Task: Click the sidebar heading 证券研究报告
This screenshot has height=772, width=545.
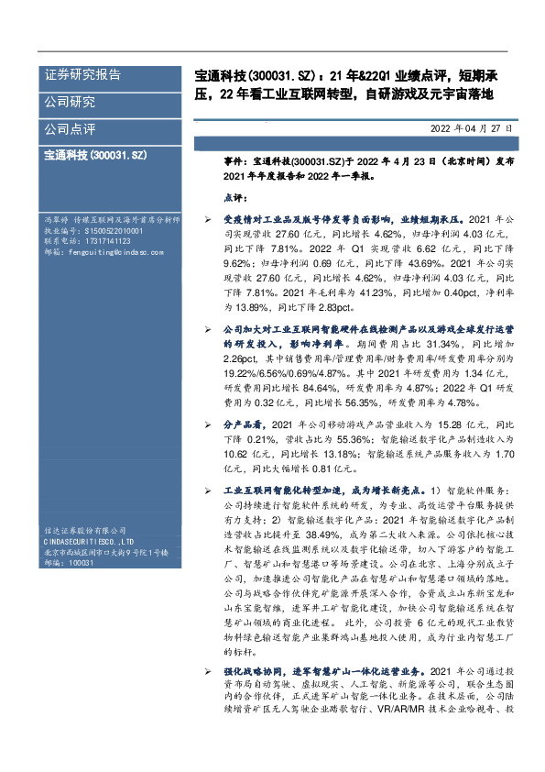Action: (82, 75)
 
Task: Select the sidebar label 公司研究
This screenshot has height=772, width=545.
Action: (70, 102)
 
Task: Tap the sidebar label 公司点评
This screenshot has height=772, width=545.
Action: (70, 129)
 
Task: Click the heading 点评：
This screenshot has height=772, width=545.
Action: (235, 196)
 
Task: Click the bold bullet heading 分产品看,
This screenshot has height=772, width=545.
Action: (245, 425)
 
